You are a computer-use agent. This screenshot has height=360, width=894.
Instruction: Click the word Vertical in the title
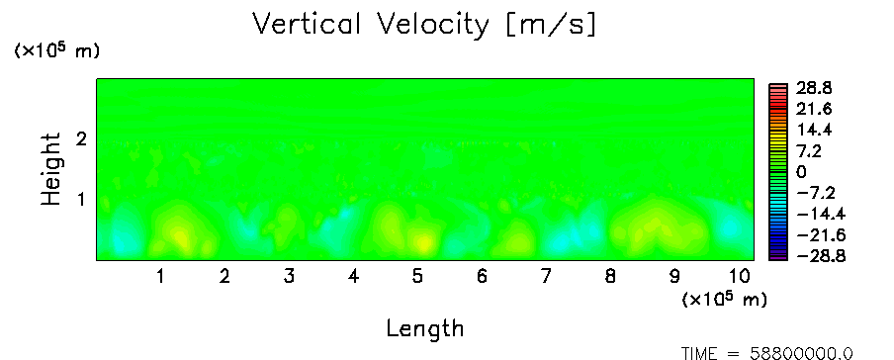(x=307, y=24)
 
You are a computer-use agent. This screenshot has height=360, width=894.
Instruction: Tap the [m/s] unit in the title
(x=551, y=26)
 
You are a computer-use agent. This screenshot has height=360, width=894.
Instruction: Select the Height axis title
(x=51, y=169)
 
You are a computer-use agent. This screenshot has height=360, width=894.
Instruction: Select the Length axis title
(x=425, y=329)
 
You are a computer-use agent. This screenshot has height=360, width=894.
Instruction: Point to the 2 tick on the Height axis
(x=81, y=138)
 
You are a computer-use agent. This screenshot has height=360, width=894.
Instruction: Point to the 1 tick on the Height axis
(x=81, y=200)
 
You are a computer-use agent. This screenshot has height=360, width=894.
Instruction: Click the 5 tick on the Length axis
(x=418, y=277)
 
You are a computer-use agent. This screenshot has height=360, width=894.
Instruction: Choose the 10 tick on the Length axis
(x=740, y=277)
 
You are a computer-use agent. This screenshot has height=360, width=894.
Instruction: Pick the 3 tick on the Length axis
(x=289, y=277)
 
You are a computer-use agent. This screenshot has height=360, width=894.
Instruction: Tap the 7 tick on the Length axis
(x=546, y=277)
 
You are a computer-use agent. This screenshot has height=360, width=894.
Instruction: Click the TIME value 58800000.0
(x=802, y=354)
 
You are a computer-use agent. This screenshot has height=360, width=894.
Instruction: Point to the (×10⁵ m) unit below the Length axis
(x=725, y=299)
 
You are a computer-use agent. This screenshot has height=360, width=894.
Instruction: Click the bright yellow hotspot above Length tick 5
(x=422, y=243)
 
